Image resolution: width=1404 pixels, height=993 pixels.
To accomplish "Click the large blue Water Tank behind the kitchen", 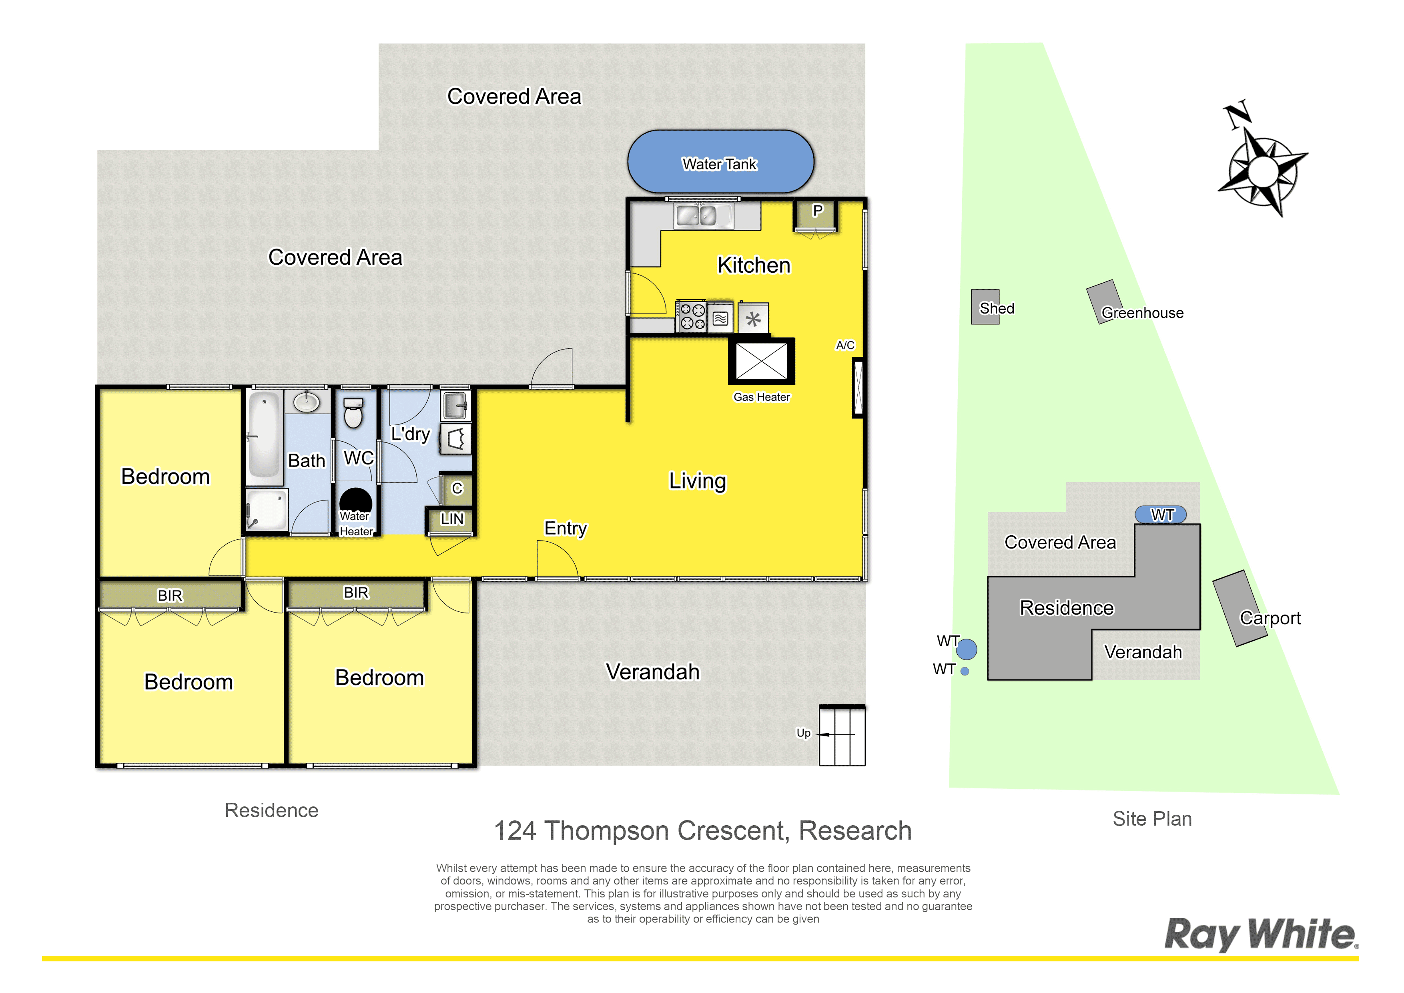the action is pyautogui.click(x=720, y=161).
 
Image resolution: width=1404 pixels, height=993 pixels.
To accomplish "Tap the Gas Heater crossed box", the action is pyautogui.click(x=761, y=361).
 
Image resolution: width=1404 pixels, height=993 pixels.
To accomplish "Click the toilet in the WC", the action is pyautogui.click(x=353, y=412).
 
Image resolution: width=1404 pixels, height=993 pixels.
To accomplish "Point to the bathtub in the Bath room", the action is pyautogui.click(x=264, y=434).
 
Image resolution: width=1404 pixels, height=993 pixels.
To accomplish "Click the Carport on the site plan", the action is pyautogui.click(x=1240, y=608).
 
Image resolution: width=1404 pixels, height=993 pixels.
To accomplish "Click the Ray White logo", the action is pyautogui.click(x=1262, y=934).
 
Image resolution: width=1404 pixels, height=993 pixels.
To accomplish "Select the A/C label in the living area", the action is pyautogui.click(x=845, y=345).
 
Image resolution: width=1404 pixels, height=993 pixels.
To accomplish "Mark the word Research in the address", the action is pyautogui.click(x=855, y=831).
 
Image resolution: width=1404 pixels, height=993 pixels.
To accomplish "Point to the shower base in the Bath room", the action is pyautogui.click(x=267, y=509).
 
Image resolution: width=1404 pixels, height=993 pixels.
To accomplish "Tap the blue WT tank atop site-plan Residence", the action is pyautogui.click(x=1161, y=515).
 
